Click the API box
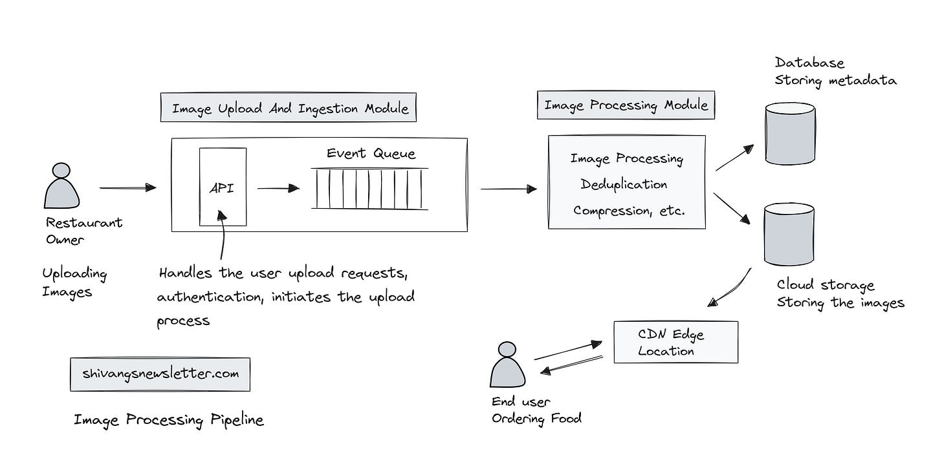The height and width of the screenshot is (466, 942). coord(223,187)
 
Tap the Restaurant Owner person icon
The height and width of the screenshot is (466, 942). coord(62,185)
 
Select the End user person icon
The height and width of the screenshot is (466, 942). coord(507,365)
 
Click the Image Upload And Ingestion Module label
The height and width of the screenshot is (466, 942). coord(289,107)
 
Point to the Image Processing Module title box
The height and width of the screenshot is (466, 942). coord(626,105)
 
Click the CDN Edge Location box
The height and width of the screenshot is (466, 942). coord(676,342)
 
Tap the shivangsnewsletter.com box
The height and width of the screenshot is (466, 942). coord(160,374)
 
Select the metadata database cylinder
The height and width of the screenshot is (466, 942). coord(790,133)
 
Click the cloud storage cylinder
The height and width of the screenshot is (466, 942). coord(789,234)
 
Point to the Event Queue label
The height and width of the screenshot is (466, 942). coord(371,153)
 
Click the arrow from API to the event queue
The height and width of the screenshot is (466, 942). coord(278,188)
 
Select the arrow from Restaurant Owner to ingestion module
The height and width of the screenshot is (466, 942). coord(128,188)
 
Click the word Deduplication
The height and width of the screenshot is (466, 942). coord(624,184)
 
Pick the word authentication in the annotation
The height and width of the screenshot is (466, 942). coord(210,297)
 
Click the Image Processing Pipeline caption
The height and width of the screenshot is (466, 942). coord(169,419)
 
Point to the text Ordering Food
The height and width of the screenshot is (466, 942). coord(536,419)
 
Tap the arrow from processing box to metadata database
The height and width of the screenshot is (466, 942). coord(735,158)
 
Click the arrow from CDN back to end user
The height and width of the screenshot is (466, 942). coord(571,365)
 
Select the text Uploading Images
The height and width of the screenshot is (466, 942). coord(74,282)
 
